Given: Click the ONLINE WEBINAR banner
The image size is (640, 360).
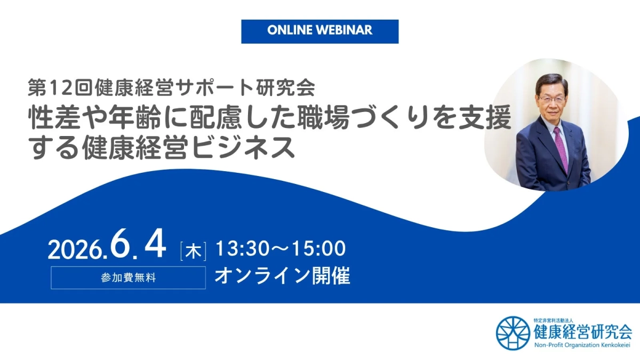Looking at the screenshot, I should [319, 31].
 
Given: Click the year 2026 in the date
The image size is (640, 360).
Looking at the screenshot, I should [75, 250].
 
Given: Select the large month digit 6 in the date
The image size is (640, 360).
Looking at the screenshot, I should [121, 246].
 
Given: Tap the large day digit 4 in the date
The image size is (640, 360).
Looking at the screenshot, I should [156, 246].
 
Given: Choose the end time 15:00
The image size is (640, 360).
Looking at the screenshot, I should [317, 249].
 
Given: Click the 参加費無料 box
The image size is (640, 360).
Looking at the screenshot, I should [128, 278].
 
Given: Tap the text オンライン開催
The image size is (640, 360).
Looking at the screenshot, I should [282, 276].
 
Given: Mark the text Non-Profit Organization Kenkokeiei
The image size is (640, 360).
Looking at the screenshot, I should [583, 345].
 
